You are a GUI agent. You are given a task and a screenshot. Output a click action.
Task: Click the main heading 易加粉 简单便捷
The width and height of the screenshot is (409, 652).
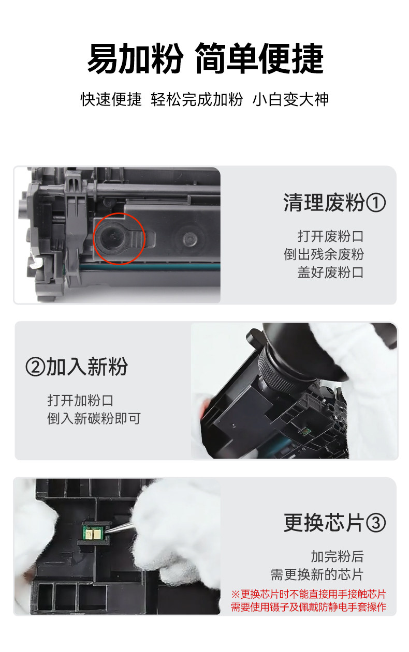coord(205,58)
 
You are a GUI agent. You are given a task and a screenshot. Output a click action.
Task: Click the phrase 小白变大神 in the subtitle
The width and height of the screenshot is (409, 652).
coord(290,100)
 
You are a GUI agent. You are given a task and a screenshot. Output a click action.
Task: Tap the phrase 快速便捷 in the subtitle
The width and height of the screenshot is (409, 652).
coord(111,100)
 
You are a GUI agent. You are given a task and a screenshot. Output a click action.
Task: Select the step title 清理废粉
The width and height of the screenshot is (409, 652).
coord(324,203)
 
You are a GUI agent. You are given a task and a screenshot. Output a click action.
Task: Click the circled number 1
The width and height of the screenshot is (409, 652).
coord(376,203)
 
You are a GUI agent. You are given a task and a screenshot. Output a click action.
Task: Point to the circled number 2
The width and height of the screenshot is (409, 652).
coord(36,367)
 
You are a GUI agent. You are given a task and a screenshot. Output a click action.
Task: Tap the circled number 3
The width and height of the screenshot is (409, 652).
coord(376,523)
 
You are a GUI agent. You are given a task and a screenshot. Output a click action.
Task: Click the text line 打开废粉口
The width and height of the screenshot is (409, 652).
coord(330,236)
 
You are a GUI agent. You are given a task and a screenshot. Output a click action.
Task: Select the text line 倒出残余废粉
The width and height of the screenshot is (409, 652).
coord(324,254)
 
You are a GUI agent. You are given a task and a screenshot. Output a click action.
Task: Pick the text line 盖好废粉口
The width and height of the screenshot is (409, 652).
coord(330,272)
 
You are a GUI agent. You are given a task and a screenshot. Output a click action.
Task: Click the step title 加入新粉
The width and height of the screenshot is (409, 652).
coord(87,367)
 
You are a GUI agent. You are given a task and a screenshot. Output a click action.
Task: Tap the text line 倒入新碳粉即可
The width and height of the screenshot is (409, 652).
coord(94,419)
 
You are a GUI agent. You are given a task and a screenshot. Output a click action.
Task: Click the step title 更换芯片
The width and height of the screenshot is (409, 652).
coord(324,523)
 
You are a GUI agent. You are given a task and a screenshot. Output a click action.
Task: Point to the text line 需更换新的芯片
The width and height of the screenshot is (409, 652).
coord(317,575)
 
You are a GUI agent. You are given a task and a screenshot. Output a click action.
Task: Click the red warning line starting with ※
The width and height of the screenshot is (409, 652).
coord(309,594)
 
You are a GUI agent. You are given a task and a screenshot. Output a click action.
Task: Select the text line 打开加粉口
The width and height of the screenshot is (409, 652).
coord(80,401)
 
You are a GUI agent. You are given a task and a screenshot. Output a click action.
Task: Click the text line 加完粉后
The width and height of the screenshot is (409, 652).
coord(337,556)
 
